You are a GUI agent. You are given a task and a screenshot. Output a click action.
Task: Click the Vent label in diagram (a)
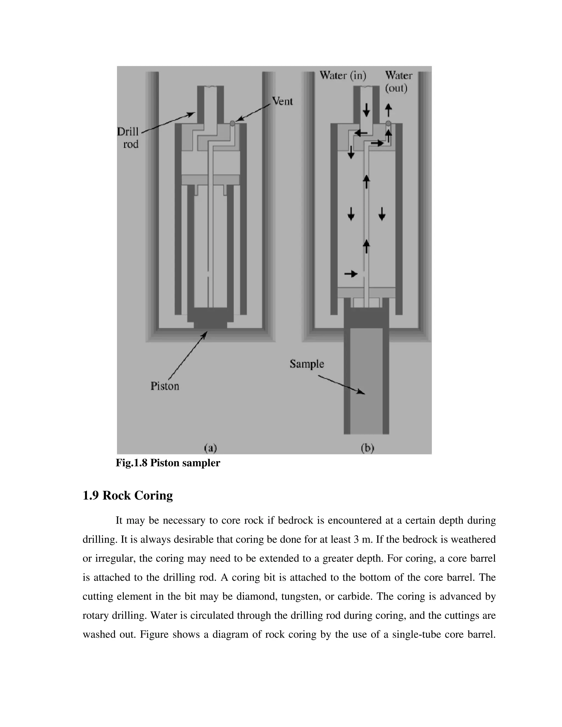coord(282,101)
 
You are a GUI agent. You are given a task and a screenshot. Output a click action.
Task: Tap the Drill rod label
coord(128,138)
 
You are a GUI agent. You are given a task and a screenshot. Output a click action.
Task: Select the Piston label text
coord(165,386)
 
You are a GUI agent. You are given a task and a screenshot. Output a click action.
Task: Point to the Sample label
coord(307,363)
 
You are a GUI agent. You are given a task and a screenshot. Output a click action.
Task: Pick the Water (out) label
coord(398,82)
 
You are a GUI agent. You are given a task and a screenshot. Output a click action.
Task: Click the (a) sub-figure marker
coord(210,448)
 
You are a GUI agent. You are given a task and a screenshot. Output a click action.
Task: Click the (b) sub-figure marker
coord(367,448)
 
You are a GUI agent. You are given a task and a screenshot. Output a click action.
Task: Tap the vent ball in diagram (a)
coord(232,123)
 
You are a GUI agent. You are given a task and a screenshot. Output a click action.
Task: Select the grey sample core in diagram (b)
coord(366,383)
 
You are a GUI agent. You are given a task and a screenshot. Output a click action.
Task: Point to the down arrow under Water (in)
coord(366,110)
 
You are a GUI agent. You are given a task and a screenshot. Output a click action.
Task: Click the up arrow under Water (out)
coord(388,110)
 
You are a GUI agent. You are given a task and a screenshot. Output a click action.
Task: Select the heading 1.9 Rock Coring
coord(128,495)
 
